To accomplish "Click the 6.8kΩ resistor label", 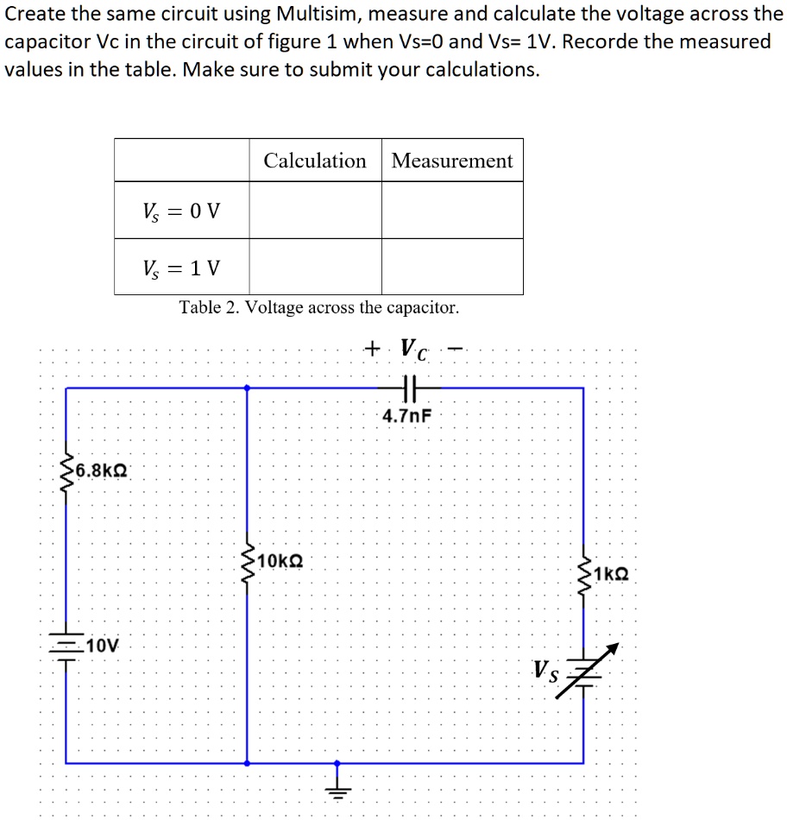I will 101,470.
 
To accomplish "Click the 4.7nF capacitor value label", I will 406,416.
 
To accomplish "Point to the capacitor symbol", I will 410,388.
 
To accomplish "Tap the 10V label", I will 103,645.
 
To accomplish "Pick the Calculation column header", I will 315,161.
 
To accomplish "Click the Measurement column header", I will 452,161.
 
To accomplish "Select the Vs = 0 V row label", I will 181,210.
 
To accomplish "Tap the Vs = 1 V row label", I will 181,268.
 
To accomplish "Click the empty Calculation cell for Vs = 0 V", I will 315,210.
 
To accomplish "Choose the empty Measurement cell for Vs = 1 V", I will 452,267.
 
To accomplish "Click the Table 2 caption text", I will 319,307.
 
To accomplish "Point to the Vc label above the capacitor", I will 415,350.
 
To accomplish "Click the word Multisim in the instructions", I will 318,15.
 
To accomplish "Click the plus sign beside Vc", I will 372,348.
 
